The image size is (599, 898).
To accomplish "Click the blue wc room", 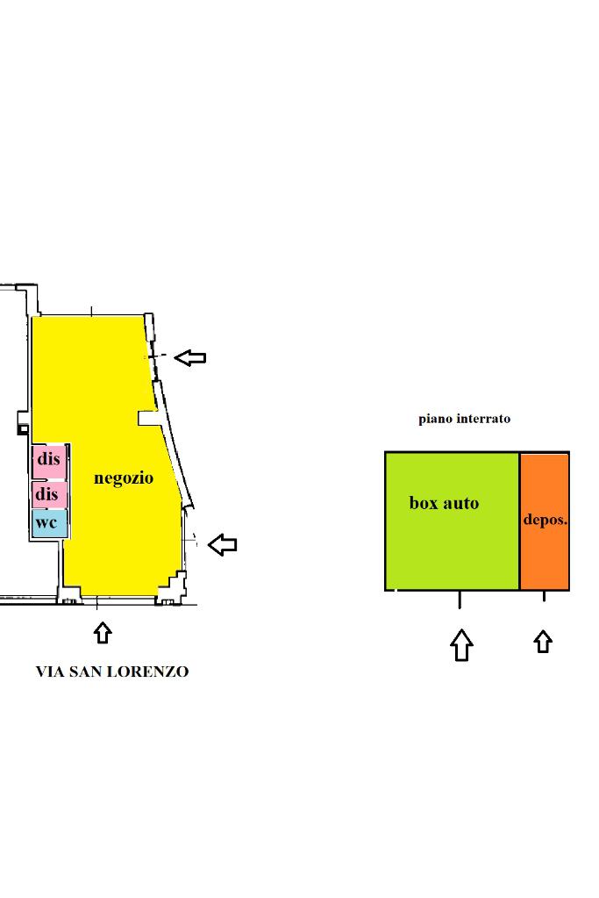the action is click(x=49, y=524).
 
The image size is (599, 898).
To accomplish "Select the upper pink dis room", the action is click(x=48, y=460).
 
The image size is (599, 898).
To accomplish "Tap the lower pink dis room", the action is click(x=48, y=494).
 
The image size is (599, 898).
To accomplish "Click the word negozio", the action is click(x=124, y=478).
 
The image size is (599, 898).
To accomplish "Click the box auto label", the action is click(x=444, y=503).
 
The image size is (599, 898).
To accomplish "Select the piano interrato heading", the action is click(x=464, y=419).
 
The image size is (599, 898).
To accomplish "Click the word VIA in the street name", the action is click(x=49, y=672).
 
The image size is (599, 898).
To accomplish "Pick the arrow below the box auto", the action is click(x=461, y=644).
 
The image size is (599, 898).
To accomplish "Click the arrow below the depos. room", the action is click(x=543, y=642).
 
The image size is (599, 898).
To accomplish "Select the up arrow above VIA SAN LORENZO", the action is click(x=103, y=632).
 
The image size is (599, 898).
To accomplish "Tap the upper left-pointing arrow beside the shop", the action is click(x=190, y=356).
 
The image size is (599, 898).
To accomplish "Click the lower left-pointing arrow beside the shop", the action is click(x=223, y=544).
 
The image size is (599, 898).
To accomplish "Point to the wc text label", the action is click(x=46, y=522).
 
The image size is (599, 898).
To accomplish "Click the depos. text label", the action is click(x=545, y=519).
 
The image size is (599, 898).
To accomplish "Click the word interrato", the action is click(x=481, y=419).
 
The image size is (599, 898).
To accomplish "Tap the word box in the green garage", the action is click(x=423, y=503).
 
